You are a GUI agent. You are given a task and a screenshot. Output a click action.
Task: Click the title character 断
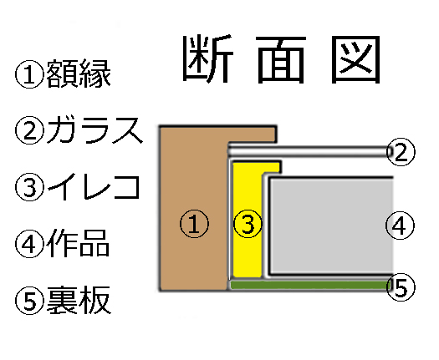pos(208,59)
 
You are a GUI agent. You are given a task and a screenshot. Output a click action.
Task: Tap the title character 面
pos(281,60)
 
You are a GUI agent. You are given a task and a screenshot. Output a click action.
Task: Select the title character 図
pos(355,59)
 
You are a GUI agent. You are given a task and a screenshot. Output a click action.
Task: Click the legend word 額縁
pos(79,74)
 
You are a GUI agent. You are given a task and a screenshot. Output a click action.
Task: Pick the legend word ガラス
pos(95,130)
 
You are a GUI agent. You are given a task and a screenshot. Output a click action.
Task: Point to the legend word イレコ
pos(94,186)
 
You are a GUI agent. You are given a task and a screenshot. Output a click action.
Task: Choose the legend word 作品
pos(78,243)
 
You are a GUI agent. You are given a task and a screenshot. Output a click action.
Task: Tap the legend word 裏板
pos(79,300)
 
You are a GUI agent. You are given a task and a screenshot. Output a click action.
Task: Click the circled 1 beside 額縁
pos(29,74)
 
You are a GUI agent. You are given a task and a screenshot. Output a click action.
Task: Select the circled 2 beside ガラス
pos(29,130)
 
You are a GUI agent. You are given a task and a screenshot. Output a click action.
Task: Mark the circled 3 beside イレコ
pos(29,187)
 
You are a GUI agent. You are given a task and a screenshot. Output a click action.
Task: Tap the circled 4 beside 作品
pos(29,243)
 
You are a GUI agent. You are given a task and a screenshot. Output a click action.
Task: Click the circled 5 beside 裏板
pos(29,300)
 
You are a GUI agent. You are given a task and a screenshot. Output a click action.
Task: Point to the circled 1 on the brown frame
pos(194,224)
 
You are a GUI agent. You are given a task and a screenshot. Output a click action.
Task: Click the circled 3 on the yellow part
pos(248,224)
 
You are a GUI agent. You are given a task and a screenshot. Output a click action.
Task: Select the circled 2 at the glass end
pos(401,152)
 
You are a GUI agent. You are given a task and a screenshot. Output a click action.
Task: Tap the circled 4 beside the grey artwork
pos(400,226)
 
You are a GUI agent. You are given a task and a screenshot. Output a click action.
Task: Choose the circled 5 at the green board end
pos(401,287)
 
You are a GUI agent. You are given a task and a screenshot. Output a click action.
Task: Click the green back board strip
pos(309,286)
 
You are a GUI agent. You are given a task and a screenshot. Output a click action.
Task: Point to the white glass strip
pos(307,152)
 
